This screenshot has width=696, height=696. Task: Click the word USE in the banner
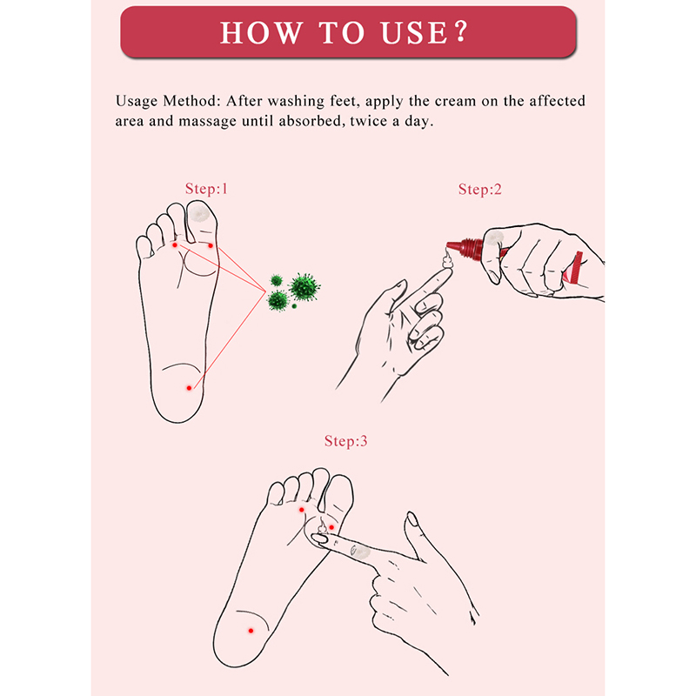414,33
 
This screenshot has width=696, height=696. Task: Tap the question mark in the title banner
462,31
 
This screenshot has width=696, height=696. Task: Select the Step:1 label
206,189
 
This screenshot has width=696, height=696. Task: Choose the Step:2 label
480,190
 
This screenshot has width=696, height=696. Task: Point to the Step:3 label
345,441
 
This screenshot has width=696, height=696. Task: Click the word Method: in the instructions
191,101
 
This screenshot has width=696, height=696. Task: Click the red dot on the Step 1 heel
189,388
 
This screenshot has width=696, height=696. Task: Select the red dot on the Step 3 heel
251,630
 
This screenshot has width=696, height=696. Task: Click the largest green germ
304,287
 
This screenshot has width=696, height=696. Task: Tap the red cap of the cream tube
465,248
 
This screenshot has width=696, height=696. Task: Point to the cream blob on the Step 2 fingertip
447,260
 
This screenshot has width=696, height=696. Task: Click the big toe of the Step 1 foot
202,222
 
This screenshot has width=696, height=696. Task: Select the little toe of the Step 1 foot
145,248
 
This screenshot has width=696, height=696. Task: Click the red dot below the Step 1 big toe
211,245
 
